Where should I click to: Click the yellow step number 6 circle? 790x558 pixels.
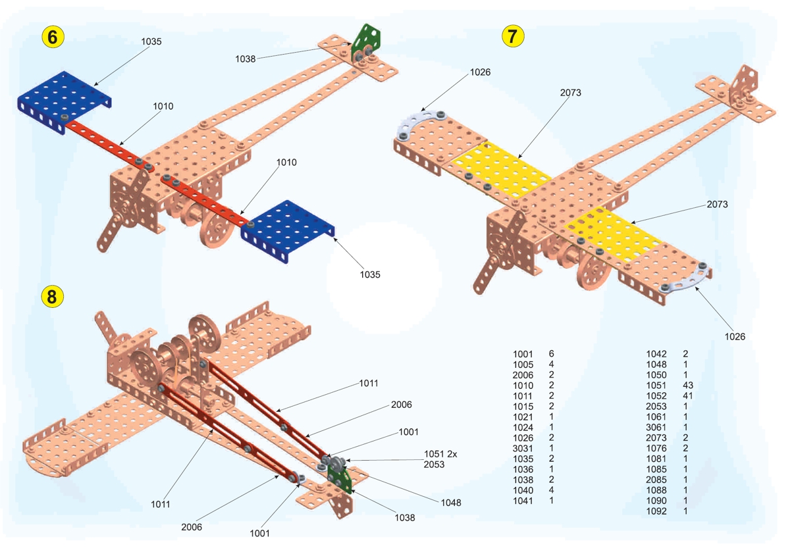pyautogui.click(x=53, y=37)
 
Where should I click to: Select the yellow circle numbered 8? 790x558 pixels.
pyautogui.click(x=53, y=297)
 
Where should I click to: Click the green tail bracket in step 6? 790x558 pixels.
pyautogui.click(x=364, y=41)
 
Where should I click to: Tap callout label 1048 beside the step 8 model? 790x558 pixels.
pyautogui.click(x=451, y=503)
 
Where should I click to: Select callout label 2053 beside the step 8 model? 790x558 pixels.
pyautogui.click(x=434, y=464)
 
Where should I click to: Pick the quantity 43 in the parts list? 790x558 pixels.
pyautogui.click(x=689, y=385)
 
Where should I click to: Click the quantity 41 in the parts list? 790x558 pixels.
pyautogui.click(x=688, y=395)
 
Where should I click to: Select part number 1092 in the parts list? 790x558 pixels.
pyautogui.click(x=656, y=511)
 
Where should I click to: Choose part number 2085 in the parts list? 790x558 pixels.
pyautogui.click(x=656, y=480)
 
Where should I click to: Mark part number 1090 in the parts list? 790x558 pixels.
pyautogui.click(x=656, y=501)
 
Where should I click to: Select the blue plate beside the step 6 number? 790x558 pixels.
pyautogui.click(x=63, y=99)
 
